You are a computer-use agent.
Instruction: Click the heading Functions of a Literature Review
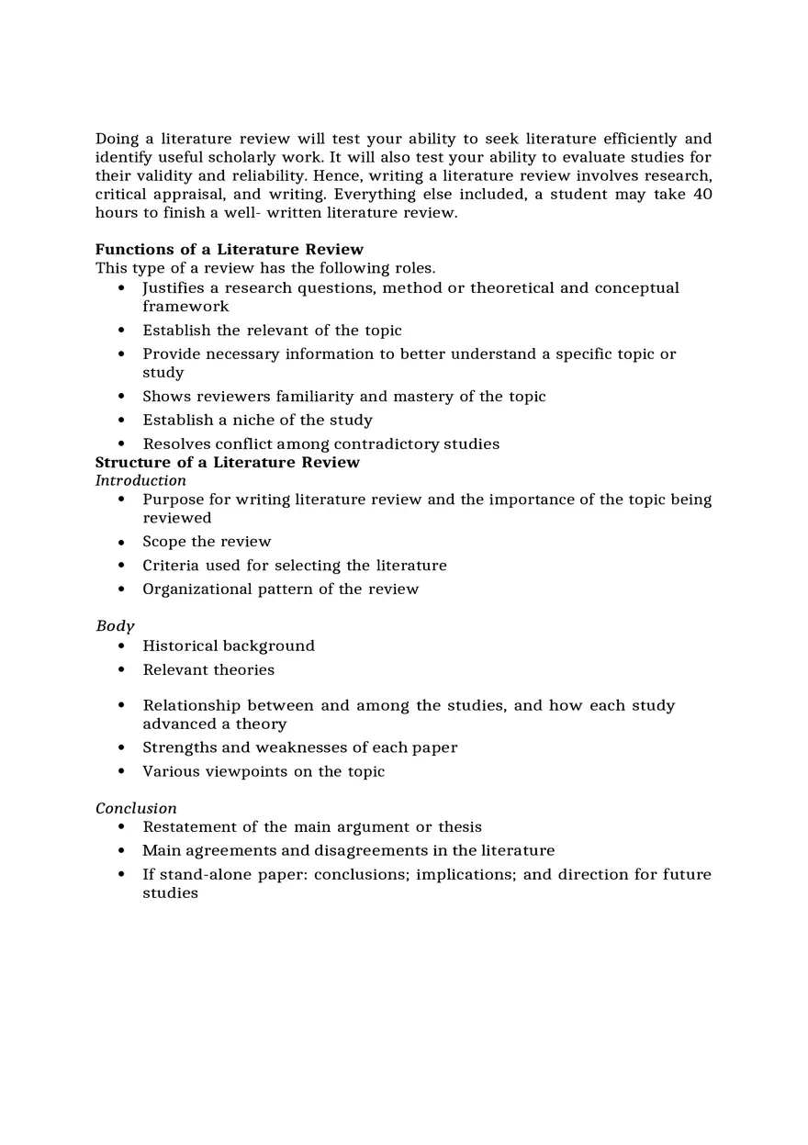tap(229, 250)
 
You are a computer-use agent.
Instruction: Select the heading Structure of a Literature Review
tap(227, 462)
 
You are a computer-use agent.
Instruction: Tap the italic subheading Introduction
tap(140, 480)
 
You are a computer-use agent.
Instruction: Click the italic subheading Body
tap(115, 626)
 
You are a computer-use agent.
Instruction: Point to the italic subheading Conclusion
tap(136, 808)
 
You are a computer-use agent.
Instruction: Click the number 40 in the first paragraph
tap(701, 195)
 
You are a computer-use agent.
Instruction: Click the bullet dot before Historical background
tap(122, 646)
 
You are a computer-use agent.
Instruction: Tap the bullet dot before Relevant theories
tap(122, 670)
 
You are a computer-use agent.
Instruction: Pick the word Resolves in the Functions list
tap(175, 444)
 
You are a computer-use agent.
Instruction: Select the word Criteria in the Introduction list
tap(170, 566)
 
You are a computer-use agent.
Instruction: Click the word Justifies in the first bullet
tap(173, 288)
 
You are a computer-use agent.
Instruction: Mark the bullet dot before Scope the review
tap(122, 542)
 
